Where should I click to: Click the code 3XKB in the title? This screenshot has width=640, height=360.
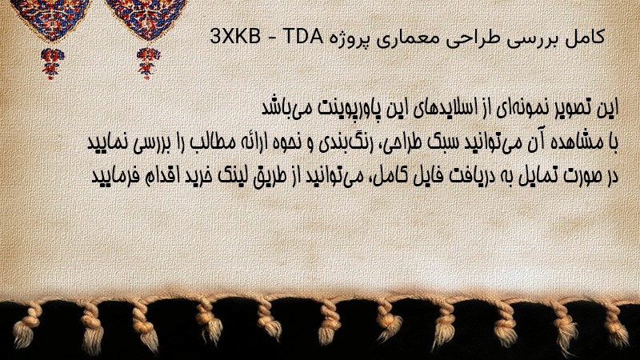tap(235, 37)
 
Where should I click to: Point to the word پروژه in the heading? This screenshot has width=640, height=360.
tap(349, 39)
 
